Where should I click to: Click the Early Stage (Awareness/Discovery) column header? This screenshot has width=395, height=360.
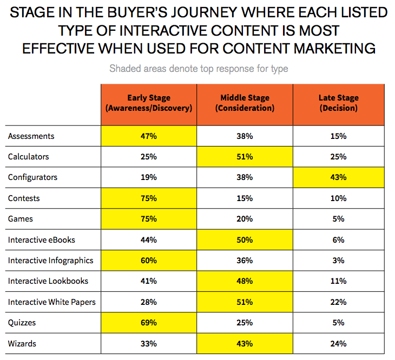148,103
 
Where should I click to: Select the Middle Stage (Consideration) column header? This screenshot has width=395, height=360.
245,103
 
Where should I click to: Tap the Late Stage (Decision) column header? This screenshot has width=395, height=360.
339,103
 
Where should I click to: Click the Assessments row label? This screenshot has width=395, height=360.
31,136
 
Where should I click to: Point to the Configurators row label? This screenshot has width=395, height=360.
32,177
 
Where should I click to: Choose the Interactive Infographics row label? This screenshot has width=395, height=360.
51,261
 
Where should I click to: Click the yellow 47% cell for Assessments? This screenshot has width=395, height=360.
148,136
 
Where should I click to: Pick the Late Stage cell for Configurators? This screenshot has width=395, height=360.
339,177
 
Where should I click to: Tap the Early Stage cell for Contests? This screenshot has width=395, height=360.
148,198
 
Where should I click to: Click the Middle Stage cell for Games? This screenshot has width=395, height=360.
245,219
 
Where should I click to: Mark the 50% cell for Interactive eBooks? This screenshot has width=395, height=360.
245,239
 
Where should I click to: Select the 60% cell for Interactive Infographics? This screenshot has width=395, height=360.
148,261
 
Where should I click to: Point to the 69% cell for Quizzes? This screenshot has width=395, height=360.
148,323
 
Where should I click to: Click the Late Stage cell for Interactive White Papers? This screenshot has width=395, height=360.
339,302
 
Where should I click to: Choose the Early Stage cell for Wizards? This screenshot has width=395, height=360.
148,343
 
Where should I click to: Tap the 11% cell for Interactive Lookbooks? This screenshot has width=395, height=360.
339,281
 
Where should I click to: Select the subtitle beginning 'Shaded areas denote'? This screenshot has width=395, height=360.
199,69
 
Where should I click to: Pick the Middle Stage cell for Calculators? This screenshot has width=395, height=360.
245,157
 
